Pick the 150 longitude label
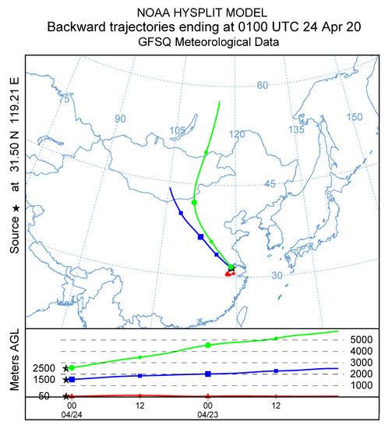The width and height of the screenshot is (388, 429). [354, 117]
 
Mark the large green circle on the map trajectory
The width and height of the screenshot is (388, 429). [194, 202]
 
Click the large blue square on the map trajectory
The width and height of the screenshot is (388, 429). [200, 236]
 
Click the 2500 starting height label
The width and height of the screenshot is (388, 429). [44, 367]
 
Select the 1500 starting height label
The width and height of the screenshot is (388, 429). [44, 379]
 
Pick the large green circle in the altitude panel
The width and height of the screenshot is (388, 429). [208, 345]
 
